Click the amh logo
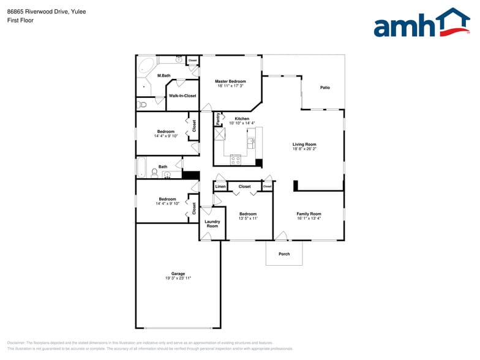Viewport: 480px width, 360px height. (421, 24)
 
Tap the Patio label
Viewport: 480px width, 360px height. (325, 88)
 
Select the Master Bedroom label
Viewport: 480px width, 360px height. (230, 81)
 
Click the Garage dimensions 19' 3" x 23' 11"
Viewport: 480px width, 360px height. (178, 279)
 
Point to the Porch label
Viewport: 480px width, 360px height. (284, 254)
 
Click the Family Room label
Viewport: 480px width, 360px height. (309, 214)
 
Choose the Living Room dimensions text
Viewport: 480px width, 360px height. (304, 149)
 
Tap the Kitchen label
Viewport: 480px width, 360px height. (242, 119)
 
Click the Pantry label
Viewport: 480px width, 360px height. (217, 119)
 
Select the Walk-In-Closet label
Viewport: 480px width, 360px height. (182, 96)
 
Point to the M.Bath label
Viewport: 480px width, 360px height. (163, 76)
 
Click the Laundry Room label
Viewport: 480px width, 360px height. (212, 224)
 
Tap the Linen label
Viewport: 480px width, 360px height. (220, 187)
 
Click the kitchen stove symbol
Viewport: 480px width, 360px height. (236, 159)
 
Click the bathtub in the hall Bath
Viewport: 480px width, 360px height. (141, 167)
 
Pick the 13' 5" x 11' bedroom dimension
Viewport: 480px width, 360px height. (248, 219)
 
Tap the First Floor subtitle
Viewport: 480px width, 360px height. (21, 20)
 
